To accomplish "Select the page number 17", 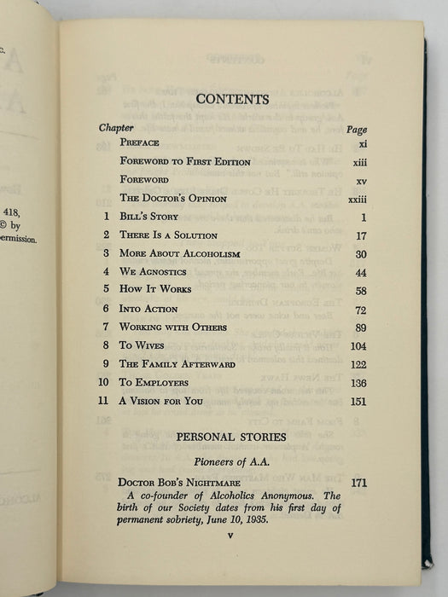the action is [x=358, y=235].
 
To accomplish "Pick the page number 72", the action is [x=358, y=309].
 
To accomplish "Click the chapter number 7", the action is [x=106, y=327].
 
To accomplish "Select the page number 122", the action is [x=358, y=364].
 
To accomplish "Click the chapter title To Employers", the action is [x=154, y=382].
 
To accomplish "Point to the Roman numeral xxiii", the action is [x=357, y=199].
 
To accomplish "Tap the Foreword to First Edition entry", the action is [x=185, y=161].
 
